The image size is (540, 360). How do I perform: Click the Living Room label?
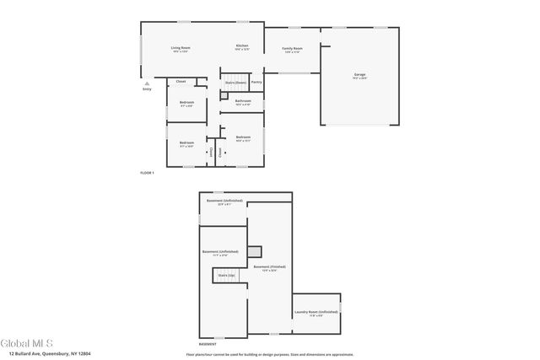[x=181, y=48]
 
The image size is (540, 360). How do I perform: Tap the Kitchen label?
[x=242, y=46]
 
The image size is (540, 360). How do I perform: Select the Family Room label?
[x=292, y=49]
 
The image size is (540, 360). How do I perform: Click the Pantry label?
[x=256, y=82]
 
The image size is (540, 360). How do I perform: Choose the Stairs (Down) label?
[x=235, y=82]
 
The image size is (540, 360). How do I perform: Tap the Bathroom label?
[x=243, y=101]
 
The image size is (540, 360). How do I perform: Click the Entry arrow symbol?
[x=147, y=83]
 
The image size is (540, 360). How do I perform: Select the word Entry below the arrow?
[x=147, y=89]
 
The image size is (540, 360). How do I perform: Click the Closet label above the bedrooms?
[x=181, y=81]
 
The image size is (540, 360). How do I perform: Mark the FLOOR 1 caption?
[x=148, y=172]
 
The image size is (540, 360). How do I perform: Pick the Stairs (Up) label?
[x=226, y=275]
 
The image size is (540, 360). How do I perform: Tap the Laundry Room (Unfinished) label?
[x=316, y=312]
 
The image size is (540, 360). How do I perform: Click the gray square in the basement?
[x=256, y=250]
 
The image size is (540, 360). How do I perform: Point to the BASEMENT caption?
[x=207, y=344]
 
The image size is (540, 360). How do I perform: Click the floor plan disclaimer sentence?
[x=270, y=353]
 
